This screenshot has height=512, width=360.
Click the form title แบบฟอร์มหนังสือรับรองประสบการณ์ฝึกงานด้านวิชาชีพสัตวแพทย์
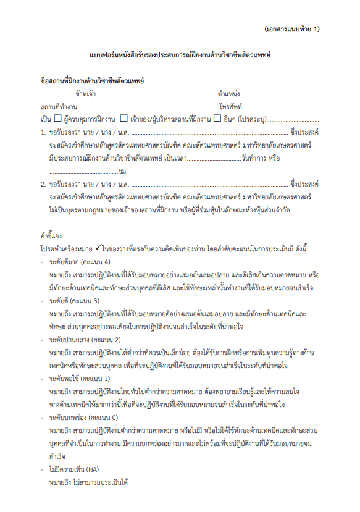click(x=180, y=56)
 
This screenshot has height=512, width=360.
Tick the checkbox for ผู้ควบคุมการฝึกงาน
click(x=57, y=118)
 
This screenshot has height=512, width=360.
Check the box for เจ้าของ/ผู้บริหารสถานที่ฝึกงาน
click(x=124, y=118)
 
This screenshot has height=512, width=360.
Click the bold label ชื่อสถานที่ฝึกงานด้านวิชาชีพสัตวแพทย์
click(x=91, y=81)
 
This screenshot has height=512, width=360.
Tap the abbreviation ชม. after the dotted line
click(x=122, y=170)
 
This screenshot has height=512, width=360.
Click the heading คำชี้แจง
click(x=50, y=236)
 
